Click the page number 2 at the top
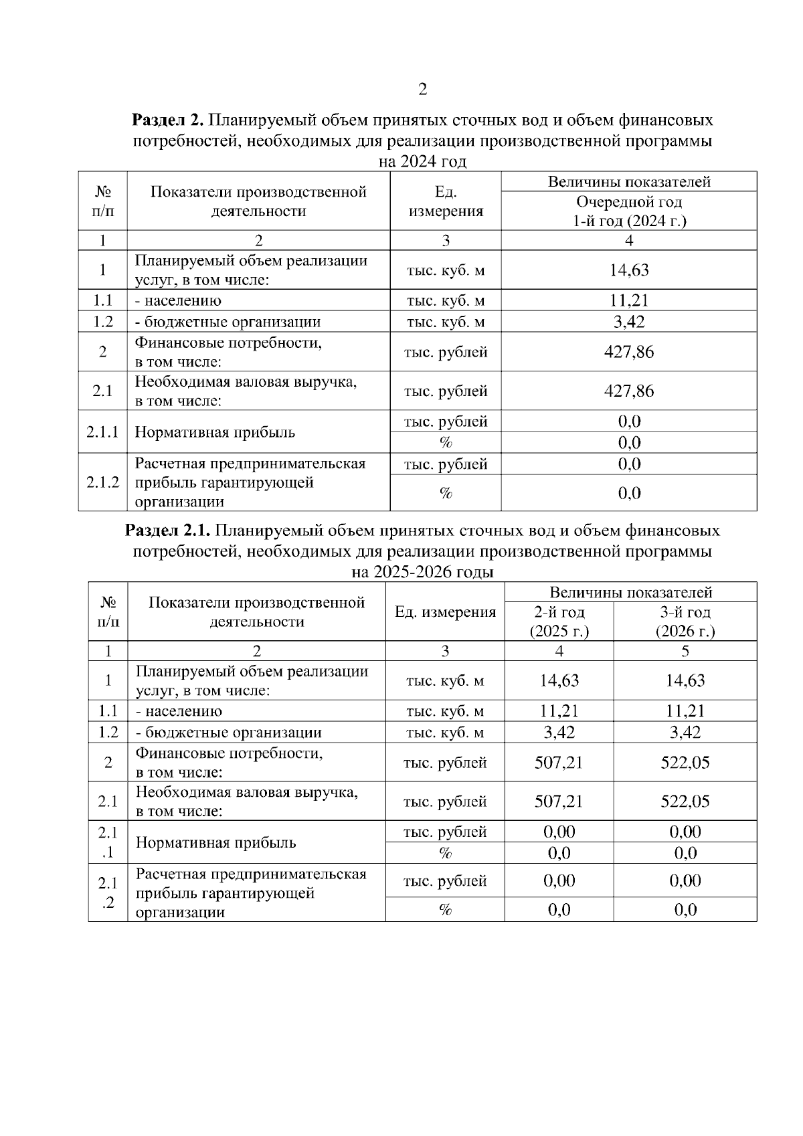[422, 90]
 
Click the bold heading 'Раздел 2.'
[167, 120]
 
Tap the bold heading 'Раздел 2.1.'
[169, 531]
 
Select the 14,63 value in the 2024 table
[629, 270]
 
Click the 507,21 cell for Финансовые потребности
[559, 763]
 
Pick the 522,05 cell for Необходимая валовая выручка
[685, 801]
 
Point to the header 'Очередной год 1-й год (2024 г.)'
[629, 211]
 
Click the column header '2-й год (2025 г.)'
[559, 622]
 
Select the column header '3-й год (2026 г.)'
[685, 622]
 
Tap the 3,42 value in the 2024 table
[629, 322]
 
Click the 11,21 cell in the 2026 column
[685, 711]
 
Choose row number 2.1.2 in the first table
[102, 482]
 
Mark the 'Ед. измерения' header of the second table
[446, 612]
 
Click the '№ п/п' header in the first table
[102, 202]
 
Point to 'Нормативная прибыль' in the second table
[215, 843]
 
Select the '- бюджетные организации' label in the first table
[228, 322]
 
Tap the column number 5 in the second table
[685, 651]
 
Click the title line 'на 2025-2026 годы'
[422, 573]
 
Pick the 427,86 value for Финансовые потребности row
[629, 352]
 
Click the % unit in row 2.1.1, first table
[446, 443]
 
